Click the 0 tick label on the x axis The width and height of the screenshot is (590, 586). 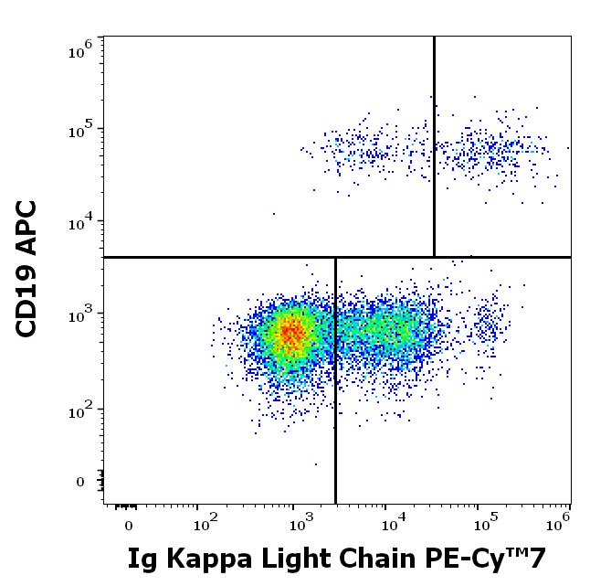click(x=129, y=526)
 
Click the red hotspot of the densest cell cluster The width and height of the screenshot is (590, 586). click(x=291, y=335)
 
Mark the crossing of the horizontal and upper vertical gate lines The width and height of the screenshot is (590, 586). click(x=434, y=257)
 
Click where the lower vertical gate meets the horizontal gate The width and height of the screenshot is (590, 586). click(x=336, y=257)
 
